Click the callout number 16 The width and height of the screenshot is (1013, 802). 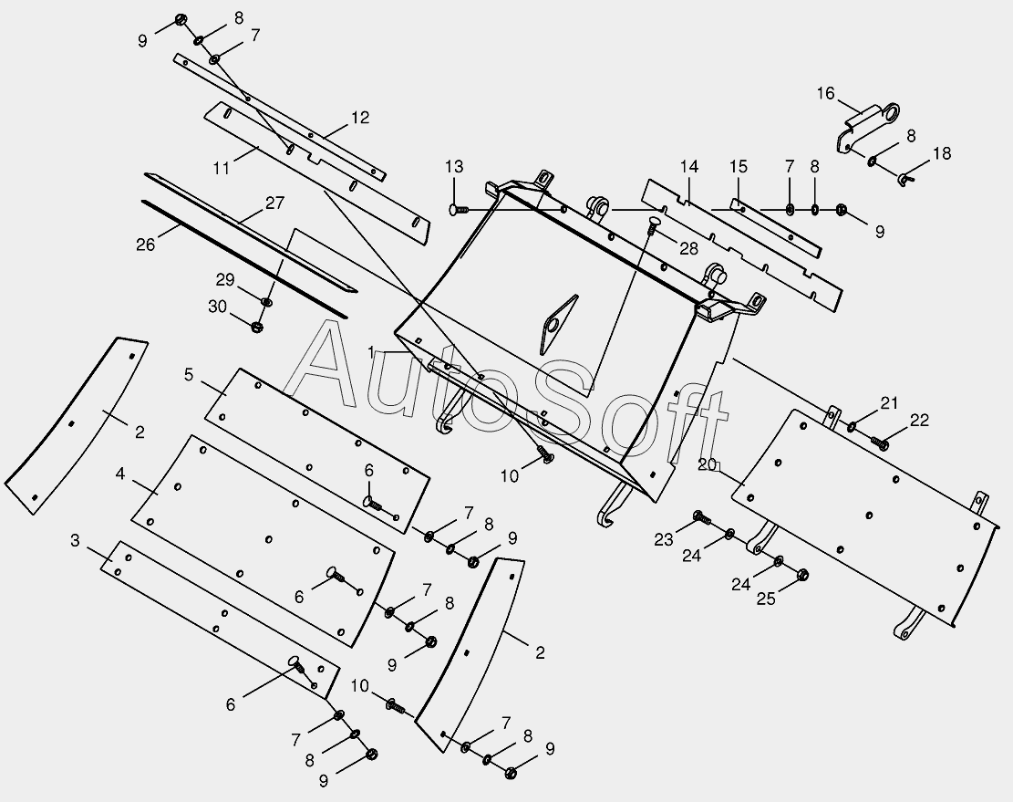[x=825, y=93]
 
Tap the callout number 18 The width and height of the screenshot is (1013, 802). [x=942, y=153]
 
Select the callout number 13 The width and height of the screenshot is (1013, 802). [x=454, y=166]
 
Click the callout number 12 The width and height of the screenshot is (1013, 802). [x=360, y=117]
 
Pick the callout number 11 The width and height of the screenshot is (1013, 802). [x=221, y=168]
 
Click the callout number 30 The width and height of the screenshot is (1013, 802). [x=218, y=307]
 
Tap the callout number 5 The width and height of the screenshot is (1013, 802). [x=189, y=374]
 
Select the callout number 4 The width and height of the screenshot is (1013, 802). [x=120, y=474]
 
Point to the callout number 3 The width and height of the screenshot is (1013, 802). [x=75, y=540]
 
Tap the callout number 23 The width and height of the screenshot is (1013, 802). [x=663, y=539]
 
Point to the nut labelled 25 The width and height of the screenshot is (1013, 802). [x=803, y=575]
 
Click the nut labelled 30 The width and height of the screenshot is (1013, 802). [x=257, y=327]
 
